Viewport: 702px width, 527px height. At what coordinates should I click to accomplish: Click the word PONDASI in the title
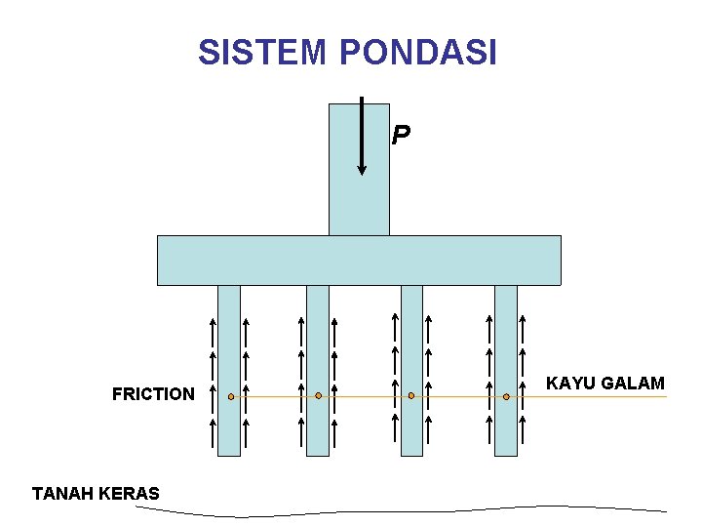pyautogui.click(x=418, y=52)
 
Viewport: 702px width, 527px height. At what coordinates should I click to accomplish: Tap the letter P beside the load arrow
pyautogui.click(x=401, y=136)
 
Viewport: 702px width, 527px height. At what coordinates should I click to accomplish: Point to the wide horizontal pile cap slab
pyautogui.click(x=359, y=260)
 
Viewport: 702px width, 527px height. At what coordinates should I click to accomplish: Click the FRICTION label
pyautogui.click(x=153, y=394)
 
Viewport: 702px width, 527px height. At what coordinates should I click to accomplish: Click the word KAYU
pyautogui.click(x=571, y=384)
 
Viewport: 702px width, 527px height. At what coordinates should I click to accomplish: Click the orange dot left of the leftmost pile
pyautogui.click(x=231, y=397)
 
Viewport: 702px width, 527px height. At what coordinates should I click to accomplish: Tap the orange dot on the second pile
pyautogui.click(x=319, y=395)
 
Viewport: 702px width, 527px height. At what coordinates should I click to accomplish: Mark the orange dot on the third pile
pyautogui.click(x=411, y=395)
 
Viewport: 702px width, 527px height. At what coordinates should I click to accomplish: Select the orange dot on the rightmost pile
pyautogui.click(x=506, y=396)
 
